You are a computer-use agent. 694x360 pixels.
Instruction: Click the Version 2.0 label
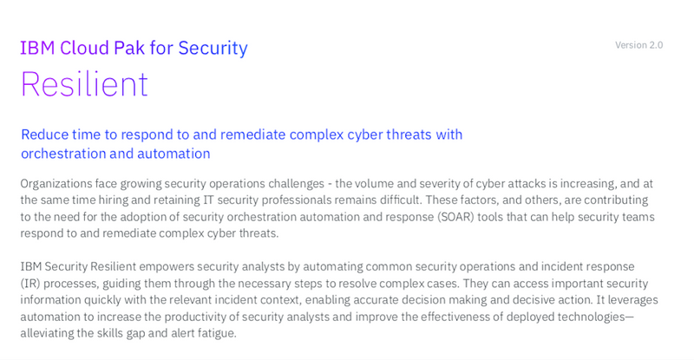click(x=638, y=45)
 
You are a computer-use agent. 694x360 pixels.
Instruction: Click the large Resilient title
click(x=84, y=83)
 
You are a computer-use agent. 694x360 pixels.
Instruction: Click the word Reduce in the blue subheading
click(x=45, y=134)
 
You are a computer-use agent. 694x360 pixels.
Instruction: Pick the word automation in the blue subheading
click(x=173, y=154)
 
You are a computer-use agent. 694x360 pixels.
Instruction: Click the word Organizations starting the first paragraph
click(x=56, y=184)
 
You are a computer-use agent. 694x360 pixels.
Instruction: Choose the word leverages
click(x=633, y=300)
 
